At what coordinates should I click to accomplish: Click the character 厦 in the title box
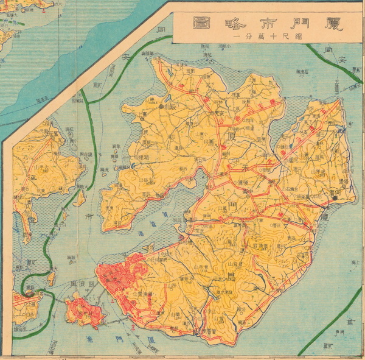[x=333, y=24]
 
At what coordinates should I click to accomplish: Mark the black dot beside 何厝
[x=335, y=198]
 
